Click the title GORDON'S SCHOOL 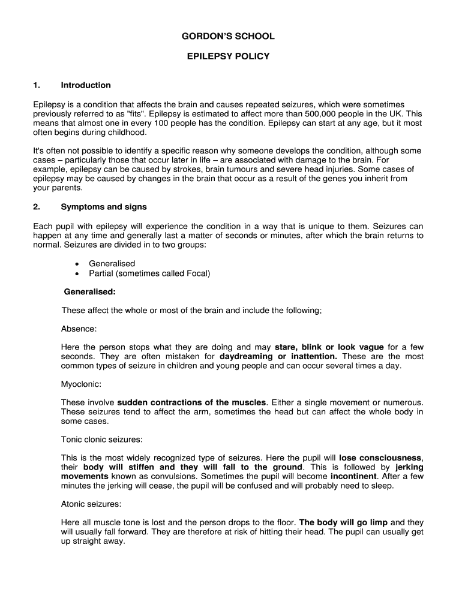pyautogui.click(x=228, y=37)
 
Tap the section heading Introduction pyautogui.click(x=86, y=85)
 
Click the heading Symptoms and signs pyautogui.click(x=104, y=207)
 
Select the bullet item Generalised pyautogui.click(x=112, y=263)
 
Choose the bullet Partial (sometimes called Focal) pyautogui.click(x=149, y=273)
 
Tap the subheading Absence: pyautogui.click(x=79, y=329)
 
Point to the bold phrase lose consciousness pyautogui.click(x=380, y=458)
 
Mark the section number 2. pyautogui.click(x=37, y=207)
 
